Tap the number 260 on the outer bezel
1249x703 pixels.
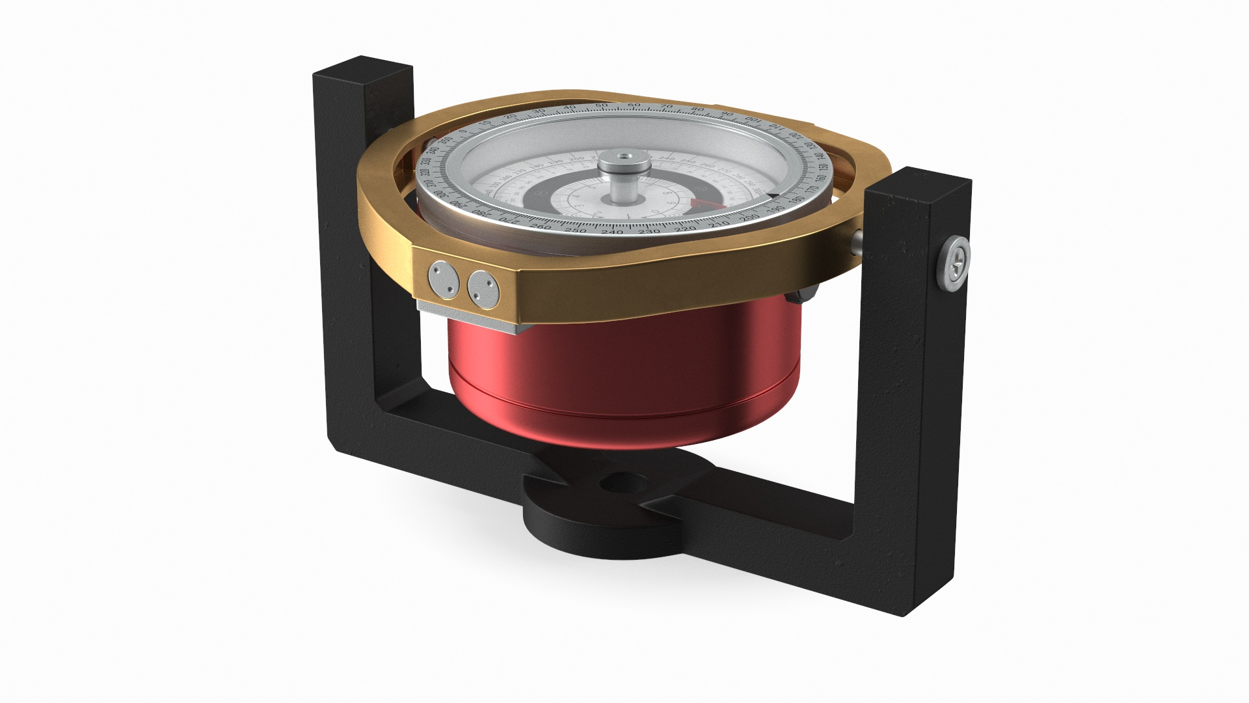pyautogui.click(x=541, y=227)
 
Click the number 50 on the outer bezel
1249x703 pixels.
pyautogui.click(x=602, y=105)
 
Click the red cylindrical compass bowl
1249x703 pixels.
pyautogui.click(x=624, y=378)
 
